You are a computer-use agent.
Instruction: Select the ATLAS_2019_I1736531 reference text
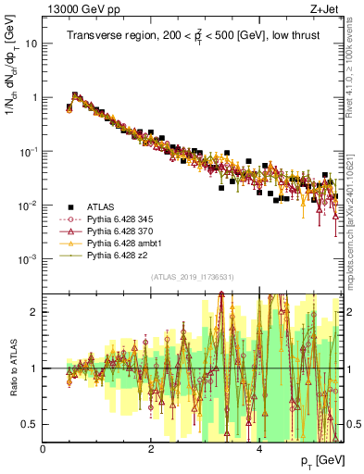tap(194, 277)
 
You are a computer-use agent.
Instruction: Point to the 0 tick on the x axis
tap(44, 450)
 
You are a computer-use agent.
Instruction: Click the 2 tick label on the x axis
tap(151, 450)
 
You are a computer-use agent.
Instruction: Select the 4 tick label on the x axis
tap(258, 450)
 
